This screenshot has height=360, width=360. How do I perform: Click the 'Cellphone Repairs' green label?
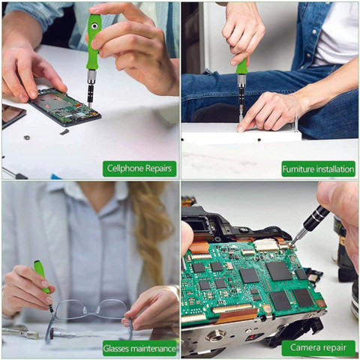point(139,169)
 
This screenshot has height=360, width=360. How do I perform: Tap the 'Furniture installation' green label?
point(318,169)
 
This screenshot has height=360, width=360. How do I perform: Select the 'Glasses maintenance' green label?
point(139,348)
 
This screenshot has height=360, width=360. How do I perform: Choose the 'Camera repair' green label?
point(318,348)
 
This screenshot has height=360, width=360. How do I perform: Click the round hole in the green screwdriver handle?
point(94,25)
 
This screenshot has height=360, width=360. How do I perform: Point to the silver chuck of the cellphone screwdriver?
point(91,77)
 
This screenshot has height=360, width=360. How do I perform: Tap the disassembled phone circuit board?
point(65,107)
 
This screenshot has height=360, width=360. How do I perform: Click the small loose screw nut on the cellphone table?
point(26,137)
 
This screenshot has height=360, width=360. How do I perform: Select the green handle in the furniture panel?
point(241,66)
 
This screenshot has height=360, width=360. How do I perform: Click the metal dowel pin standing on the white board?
point(296,124)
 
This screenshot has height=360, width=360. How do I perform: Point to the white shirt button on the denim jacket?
point(314,32)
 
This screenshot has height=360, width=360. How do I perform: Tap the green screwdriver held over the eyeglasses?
point(43,283)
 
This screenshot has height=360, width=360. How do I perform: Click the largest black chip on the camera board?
point(278,271)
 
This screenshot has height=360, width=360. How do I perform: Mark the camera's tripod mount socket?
point(216,336)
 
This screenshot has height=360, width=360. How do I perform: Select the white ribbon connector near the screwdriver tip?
point(265,245)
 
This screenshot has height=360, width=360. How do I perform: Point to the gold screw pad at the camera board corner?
point(321,304)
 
